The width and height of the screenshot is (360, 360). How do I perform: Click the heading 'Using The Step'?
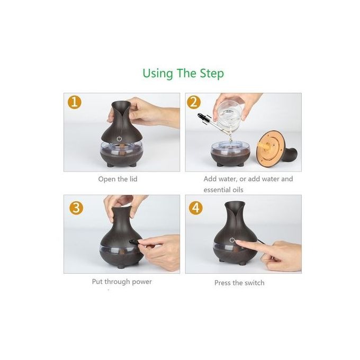[x=183, y=74]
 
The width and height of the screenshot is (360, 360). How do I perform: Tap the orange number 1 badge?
[x=75, y=102]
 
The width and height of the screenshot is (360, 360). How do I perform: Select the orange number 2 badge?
[x=194, y=102]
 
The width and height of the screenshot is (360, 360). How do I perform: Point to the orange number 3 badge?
[x=76, y=208]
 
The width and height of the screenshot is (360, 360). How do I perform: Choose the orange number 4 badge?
[x=195, y=208]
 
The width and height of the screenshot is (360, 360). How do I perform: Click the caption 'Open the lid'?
[x=118, y=179]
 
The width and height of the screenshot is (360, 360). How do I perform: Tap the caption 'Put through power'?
[x=122, y=282]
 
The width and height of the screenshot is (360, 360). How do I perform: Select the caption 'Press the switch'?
[x=239, y=283]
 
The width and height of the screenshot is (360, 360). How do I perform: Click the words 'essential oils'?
[x=223, y=190]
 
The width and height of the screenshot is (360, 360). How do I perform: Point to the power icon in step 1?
[x=119, y=139]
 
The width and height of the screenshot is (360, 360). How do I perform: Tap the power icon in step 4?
[x=232, y=240]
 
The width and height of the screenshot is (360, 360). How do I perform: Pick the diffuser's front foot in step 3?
[x=120, y=266]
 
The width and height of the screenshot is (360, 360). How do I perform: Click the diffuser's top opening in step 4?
[x=235, y=203]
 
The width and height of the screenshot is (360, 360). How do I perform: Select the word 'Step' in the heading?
[x=212, y=74]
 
